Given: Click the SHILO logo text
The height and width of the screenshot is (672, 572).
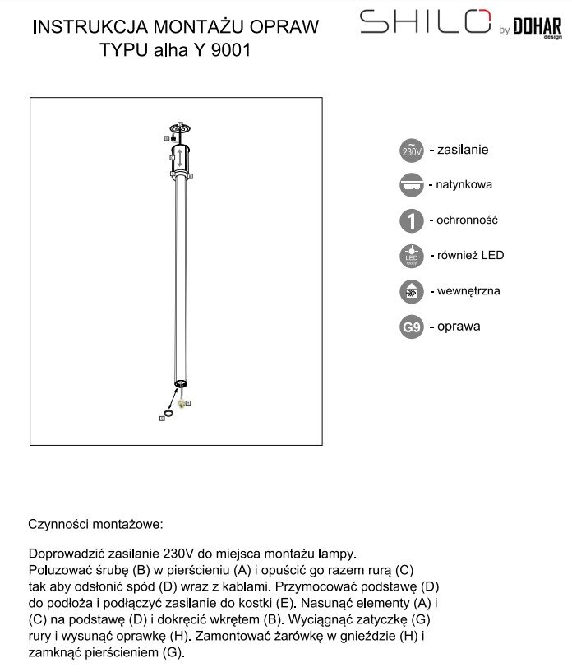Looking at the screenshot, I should point(425,22).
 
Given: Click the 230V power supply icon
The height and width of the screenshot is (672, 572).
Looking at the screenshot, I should point(411,151).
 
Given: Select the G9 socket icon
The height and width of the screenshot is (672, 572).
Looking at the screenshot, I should point(411,327).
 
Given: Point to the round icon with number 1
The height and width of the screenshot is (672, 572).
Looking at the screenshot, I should point(411,220).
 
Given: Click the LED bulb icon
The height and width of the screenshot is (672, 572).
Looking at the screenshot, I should point(411,256).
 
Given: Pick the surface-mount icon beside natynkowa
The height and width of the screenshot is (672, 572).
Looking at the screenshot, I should point(411,185).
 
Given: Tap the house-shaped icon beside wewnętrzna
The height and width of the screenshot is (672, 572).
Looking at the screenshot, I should point(411,291).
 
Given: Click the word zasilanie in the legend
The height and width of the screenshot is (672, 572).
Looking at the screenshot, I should point(464,150).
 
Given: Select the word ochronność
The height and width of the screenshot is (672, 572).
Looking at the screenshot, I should point(468,220).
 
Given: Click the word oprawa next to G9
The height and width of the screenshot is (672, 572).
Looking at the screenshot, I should point(459,327).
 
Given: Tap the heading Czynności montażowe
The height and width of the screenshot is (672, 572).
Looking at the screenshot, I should point(96,524).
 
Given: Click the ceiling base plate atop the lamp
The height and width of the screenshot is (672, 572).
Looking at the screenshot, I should point(179,128).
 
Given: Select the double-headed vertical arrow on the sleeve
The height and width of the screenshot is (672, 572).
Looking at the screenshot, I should point(179,157).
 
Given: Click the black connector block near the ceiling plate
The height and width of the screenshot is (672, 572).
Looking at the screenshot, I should point(173,138).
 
